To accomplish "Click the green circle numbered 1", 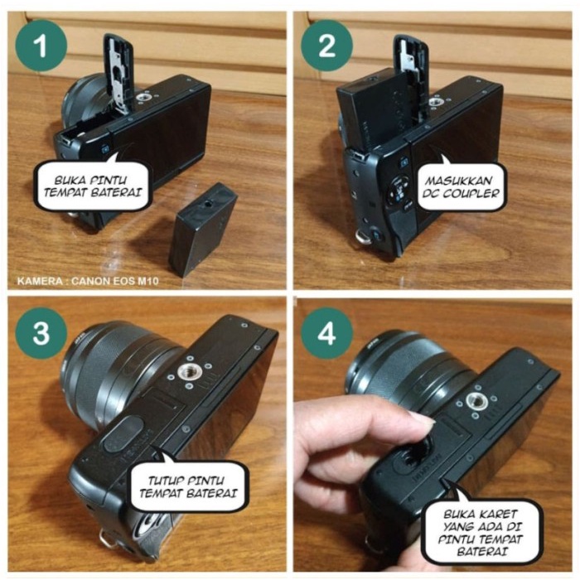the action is [41, 46].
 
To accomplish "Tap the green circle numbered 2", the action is [326, 46].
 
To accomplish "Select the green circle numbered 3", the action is [41, 333].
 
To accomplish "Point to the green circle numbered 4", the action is [326, 333].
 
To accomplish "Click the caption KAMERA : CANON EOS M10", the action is [88, 281].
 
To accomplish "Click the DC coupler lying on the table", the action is [202, 230].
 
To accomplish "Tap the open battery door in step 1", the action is [119, 72].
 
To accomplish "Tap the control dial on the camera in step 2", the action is [397, 191].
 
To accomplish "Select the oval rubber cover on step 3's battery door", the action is [123, 433].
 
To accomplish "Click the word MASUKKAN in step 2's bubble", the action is [459, 181].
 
